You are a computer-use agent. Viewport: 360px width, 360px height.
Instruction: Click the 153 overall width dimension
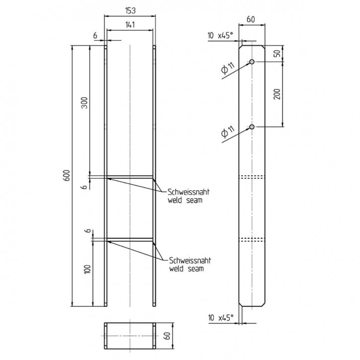(x=130, y=10)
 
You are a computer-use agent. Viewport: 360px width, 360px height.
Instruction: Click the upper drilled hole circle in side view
(x=252, y=62)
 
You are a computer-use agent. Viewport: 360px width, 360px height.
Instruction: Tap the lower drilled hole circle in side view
(x=252, y=127)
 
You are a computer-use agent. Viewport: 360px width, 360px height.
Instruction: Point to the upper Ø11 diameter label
(x=225, y=70)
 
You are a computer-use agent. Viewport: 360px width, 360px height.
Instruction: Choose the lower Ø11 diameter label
(x=225, y=133)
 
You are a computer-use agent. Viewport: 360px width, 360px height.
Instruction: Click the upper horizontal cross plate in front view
(x=130, y=176)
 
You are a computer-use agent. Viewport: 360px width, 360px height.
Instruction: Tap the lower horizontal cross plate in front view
(x=130, y=241)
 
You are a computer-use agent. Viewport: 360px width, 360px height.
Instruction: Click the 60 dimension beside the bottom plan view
(x=167, y=337)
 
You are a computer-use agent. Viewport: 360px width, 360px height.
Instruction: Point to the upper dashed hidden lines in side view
(x=252, y=176)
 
